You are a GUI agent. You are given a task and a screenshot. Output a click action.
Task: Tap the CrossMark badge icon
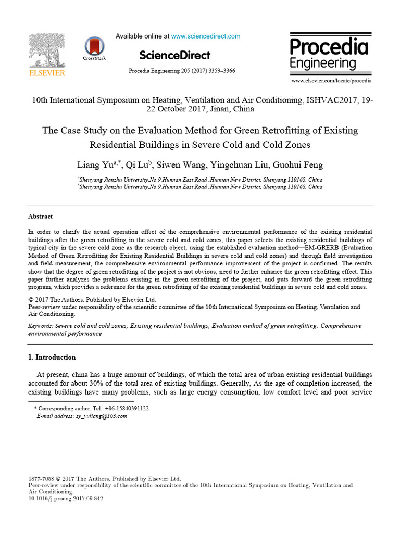point(94,46)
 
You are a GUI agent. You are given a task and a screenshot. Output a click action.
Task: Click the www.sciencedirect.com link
point(206,36)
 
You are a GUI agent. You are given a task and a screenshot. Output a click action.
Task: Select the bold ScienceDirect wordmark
point(174,55)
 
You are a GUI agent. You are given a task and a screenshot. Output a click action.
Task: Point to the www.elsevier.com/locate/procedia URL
point(331,81)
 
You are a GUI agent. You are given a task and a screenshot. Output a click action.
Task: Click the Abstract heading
point(40,217)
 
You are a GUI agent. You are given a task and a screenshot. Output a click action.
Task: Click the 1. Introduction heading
point(52,357)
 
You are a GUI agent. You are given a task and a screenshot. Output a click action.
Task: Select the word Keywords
point(40,326)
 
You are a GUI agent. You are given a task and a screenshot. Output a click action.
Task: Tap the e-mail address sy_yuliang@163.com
point(101,416)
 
